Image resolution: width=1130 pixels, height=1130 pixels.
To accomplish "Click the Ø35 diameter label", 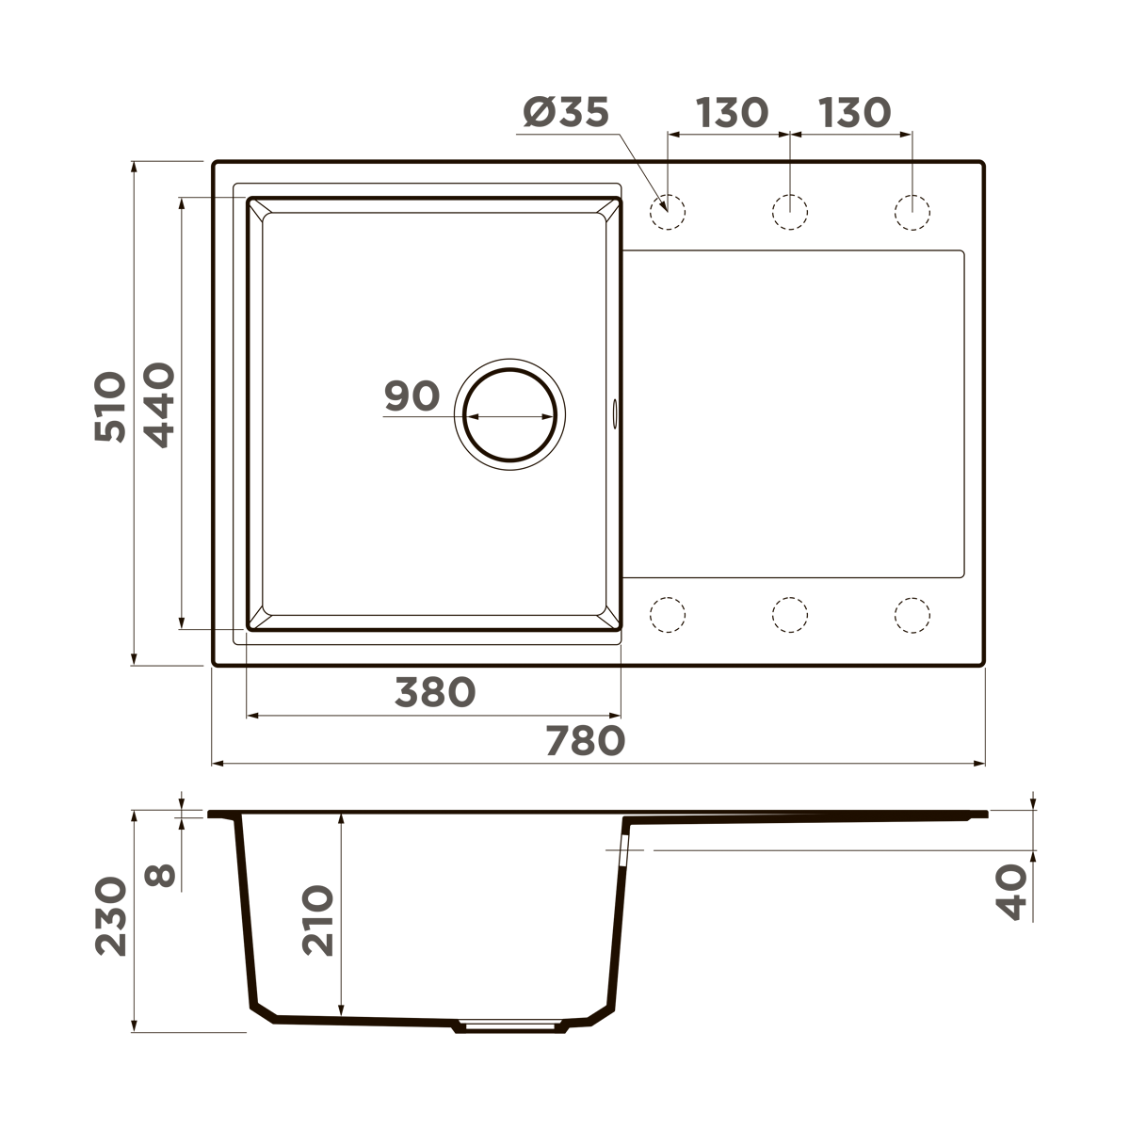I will pos(566,113).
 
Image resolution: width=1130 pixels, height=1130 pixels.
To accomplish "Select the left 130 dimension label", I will pos(732,113).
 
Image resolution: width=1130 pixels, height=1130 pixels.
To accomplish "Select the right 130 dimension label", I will pos(853,113).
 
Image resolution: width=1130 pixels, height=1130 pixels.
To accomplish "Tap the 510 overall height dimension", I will pos(111,407).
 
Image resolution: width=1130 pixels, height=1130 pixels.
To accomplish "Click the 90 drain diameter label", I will pos(412,396).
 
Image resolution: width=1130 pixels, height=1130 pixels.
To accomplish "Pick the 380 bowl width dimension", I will pos(434,693).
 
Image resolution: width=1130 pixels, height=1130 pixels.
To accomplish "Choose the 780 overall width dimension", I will pos(584,742).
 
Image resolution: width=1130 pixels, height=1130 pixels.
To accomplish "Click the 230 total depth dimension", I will pos(111,916).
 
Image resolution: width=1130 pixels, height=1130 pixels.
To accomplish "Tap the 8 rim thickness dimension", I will pos(162,876).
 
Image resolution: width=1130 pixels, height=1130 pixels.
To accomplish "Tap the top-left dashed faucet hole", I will pos(667,212).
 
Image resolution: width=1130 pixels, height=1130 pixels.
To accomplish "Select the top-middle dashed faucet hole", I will pos(789,212).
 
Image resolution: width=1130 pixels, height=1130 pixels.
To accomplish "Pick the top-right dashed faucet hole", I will pos(912,212).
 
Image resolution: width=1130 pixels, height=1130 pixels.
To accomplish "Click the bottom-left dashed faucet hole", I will pos(667,615).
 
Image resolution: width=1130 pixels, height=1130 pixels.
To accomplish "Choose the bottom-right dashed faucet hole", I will pos(912,615).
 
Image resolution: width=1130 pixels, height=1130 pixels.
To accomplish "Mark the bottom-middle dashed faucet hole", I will pos(789,615).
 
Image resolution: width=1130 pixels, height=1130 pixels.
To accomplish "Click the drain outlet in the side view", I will pos(510,1025).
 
